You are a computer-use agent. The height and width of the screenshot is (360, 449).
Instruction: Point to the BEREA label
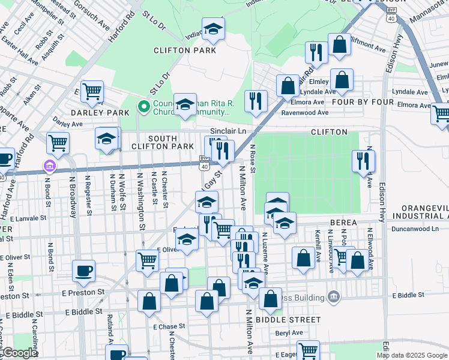343,223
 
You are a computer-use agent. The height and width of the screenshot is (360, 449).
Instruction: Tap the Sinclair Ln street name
228,131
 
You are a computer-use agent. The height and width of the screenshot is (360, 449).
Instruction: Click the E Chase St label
169,327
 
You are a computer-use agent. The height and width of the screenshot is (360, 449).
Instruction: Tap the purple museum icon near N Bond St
50,166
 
